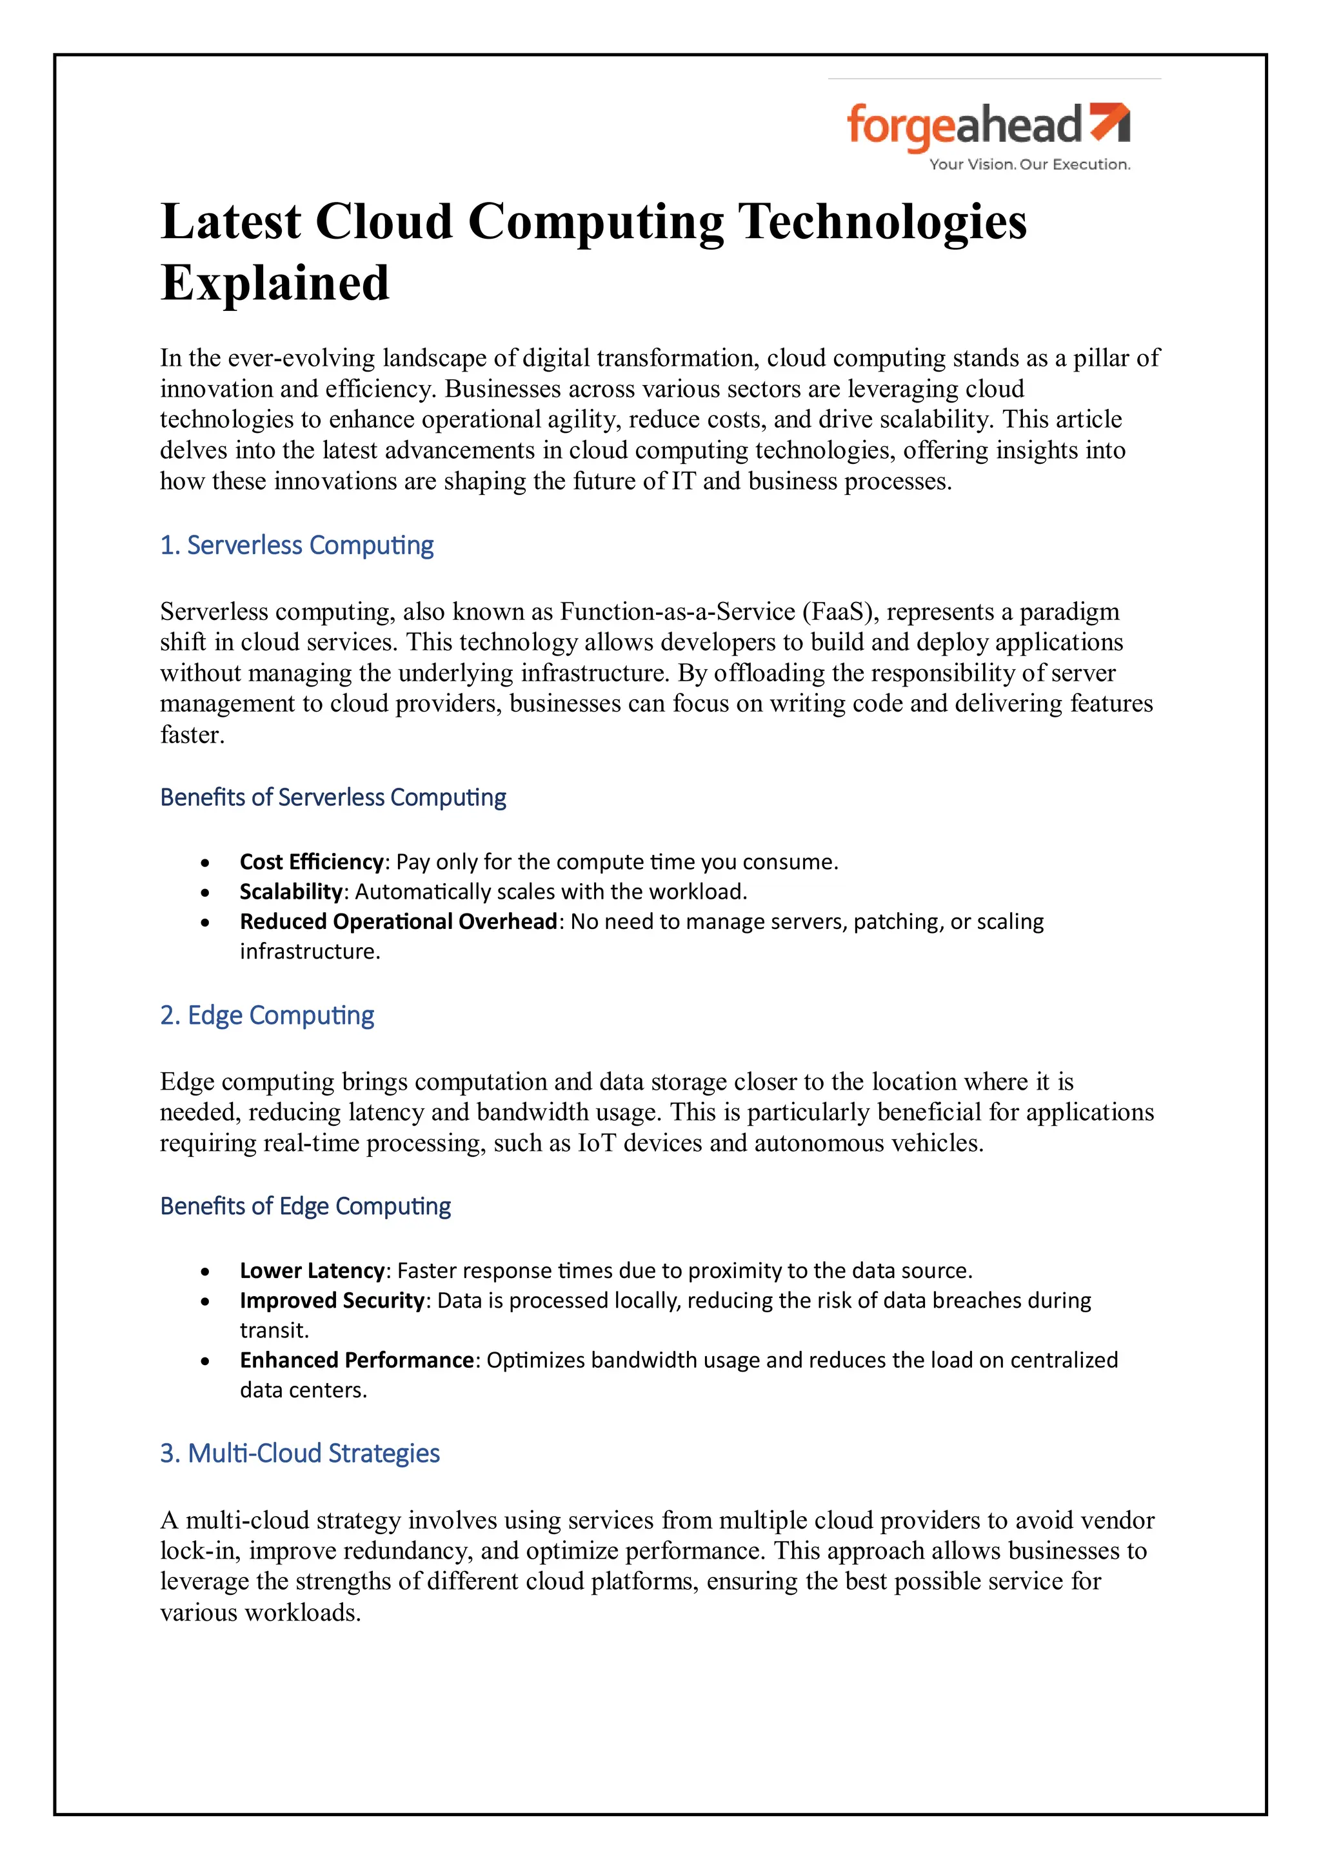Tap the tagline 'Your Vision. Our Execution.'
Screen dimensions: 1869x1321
pos(1029,165)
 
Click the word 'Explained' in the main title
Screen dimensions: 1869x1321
pos(275,283)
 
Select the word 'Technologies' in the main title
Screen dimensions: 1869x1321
pos(882,221)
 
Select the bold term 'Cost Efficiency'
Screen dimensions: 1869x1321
pos(311,861)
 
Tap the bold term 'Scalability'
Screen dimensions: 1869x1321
pos(290,892)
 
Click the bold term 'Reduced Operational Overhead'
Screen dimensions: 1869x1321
pos(398,921)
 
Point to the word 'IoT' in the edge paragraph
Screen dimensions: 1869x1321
pos(597,1143)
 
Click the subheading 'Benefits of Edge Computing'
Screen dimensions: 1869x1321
pos(305,1206)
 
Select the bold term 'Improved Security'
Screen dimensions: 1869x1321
pos(332,1300)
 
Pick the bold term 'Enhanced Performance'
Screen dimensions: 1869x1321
pos(357,1359)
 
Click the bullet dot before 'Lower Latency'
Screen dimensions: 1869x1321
pos(205,1272)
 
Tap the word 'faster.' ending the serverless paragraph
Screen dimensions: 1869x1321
pos(192,734)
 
